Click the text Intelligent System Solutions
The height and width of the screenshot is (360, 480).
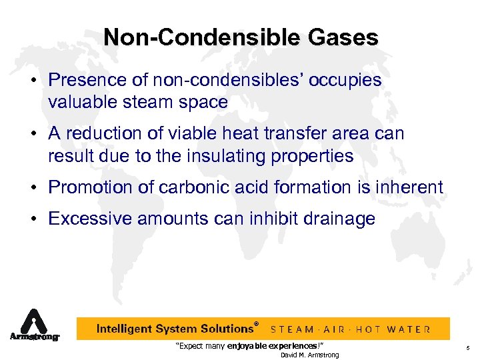175,329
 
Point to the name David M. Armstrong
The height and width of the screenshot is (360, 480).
309,355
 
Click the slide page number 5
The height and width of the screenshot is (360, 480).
468,347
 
